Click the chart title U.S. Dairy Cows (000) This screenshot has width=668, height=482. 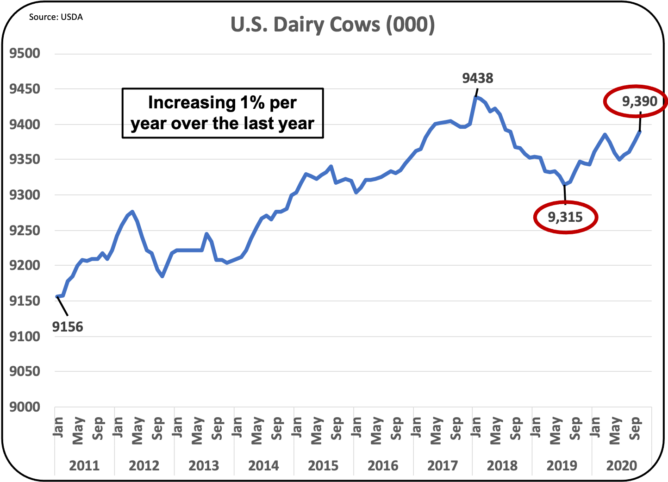333,25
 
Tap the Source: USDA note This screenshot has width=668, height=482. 56,17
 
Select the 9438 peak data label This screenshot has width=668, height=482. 478,78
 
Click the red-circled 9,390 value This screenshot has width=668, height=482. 639,101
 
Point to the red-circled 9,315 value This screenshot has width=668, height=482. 565,217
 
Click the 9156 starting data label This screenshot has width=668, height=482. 68,327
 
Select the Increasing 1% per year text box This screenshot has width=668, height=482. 223,113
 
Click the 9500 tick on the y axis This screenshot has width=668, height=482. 25,54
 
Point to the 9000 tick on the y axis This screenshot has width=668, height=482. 25,407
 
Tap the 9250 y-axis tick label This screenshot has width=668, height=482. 25,230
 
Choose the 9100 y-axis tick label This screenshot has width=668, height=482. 25,336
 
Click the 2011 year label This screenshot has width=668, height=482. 84,465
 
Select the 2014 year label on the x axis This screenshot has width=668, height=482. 263,465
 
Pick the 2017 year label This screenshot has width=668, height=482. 443,465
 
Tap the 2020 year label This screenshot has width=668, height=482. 622,465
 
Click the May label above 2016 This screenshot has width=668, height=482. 376,431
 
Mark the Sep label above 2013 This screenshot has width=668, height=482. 217,429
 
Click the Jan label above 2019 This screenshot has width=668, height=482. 536,427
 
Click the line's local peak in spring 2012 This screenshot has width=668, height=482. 132,212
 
